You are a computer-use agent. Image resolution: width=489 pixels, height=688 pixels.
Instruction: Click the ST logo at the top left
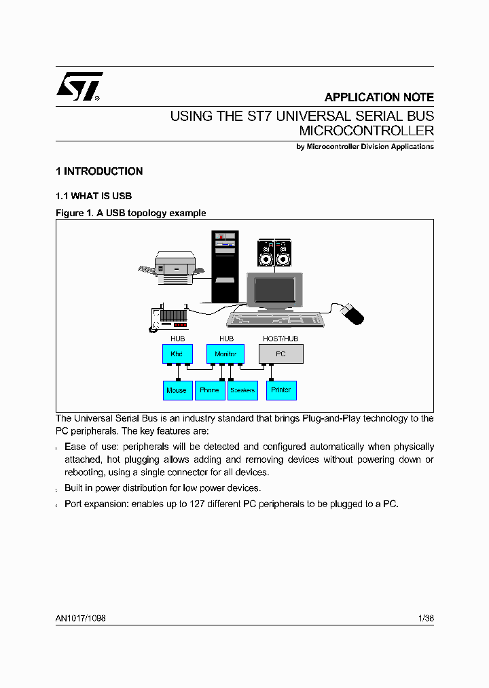pyautogui.click(x=79, y=87)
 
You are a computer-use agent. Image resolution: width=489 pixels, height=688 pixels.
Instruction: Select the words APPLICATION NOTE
pyautogui.click(x=378, y=97)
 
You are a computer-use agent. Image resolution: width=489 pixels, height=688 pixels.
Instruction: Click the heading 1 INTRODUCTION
pyautogui.click(x=99, y=171)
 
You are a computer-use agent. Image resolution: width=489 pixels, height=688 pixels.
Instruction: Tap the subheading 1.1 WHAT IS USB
pyautogui.click(x=94, y=196)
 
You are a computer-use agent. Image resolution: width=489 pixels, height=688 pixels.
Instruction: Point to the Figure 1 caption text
pyautogui.click(x=130, y=213)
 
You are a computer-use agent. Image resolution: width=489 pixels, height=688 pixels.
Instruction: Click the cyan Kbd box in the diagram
pyautogui.click(x=177, y=354)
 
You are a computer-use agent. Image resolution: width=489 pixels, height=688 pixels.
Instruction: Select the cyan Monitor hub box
pyautogui.click(x=225, y=354)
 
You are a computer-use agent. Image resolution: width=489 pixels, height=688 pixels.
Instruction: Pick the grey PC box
pyautogui.click(x=281, y=354)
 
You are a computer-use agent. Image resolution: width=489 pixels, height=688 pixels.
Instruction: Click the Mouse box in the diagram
pyautogui.click(x=177, y=390)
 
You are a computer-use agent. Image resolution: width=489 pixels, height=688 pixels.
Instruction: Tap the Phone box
pyautogui.click(x=210, y=390)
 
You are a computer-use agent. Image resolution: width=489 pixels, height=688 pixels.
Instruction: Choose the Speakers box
pyautogui.click(x=242, y=390)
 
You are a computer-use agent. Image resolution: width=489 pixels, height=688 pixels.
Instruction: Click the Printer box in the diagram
pyautogui.click(x=281, y=390)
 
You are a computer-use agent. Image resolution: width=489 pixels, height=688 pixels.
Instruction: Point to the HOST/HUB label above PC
pyautogui.click(x=280, y=339)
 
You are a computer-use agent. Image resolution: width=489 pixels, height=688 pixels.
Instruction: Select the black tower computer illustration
pyautogui.click(x=225, y=265)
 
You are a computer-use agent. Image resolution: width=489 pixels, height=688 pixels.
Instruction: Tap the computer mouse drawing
pyautogui.click(x=352, y=314)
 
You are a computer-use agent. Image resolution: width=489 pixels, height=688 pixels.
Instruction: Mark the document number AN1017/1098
pyautogui.click(x=81, y=619)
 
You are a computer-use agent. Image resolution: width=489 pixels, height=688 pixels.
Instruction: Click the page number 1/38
pyautogui.click(x=426, y=619)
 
